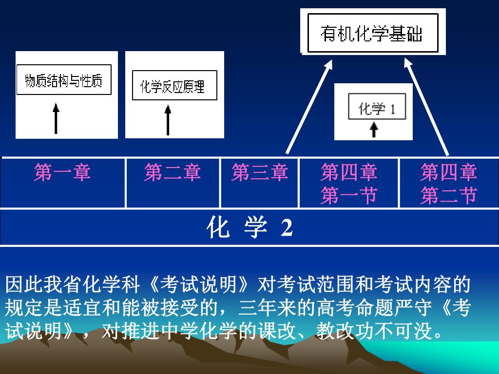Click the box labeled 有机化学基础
tap(372, 34)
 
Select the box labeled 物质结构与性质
tap(64, 80)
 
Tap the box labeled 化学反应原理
tap(174, 86)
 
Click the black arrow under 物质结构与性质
tap(56, 118)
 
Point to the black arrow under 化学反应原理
tap(168, 120)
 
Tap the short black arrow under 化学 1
tap(374, 130)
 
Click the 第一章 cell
tap(62, 173)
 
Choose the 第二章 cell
tap(173, 173)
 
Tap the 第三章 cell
tap(259, 173)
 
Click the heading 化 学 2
tap(249, 227)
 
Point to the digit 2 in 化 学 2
tap(287, 227)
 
